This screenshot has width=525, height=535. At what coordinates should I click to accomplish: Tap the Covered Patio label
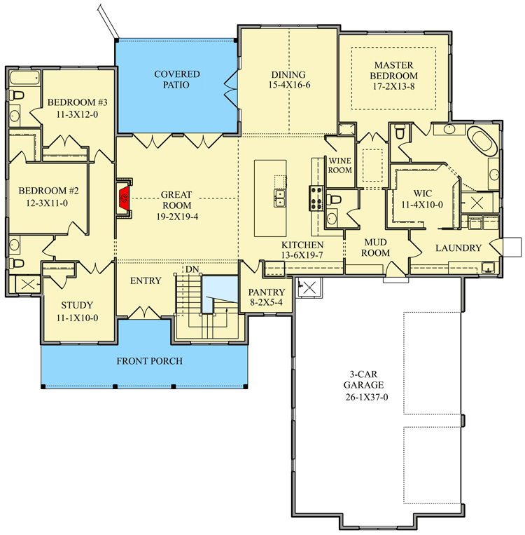(x=177, y=79)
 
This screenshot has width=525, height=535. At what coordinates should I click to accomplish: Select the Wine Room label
(x=339, y=165)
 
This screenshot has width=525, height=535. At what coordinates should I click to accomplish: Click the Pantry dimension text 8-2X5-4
(x=266, y=304)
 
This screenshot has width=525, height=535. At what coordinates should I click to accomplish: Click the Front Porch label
(x=149, y=361)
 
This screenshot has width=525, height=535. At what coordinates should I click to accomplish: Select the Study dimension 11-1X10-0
(x=77, y=317)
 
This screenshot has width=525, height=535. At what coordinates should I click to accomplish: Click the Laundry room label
(x=458, y=248)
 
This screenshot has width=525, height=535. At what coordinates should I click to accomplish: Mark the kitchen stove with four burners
(x=315, y=198)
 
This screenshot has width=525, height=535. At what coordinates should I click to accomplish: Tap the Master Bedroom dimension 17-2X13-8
(x=394, y=87)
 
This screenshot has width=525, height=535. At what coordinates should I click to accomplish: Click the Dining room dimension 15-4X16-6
(x=288, y=87)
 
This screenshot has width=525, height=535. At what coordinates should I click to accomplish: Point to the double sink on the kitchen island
(x=279, y=198)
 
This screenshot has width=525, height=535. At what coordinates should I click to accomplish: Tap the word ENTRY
(x=146, y=280)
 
